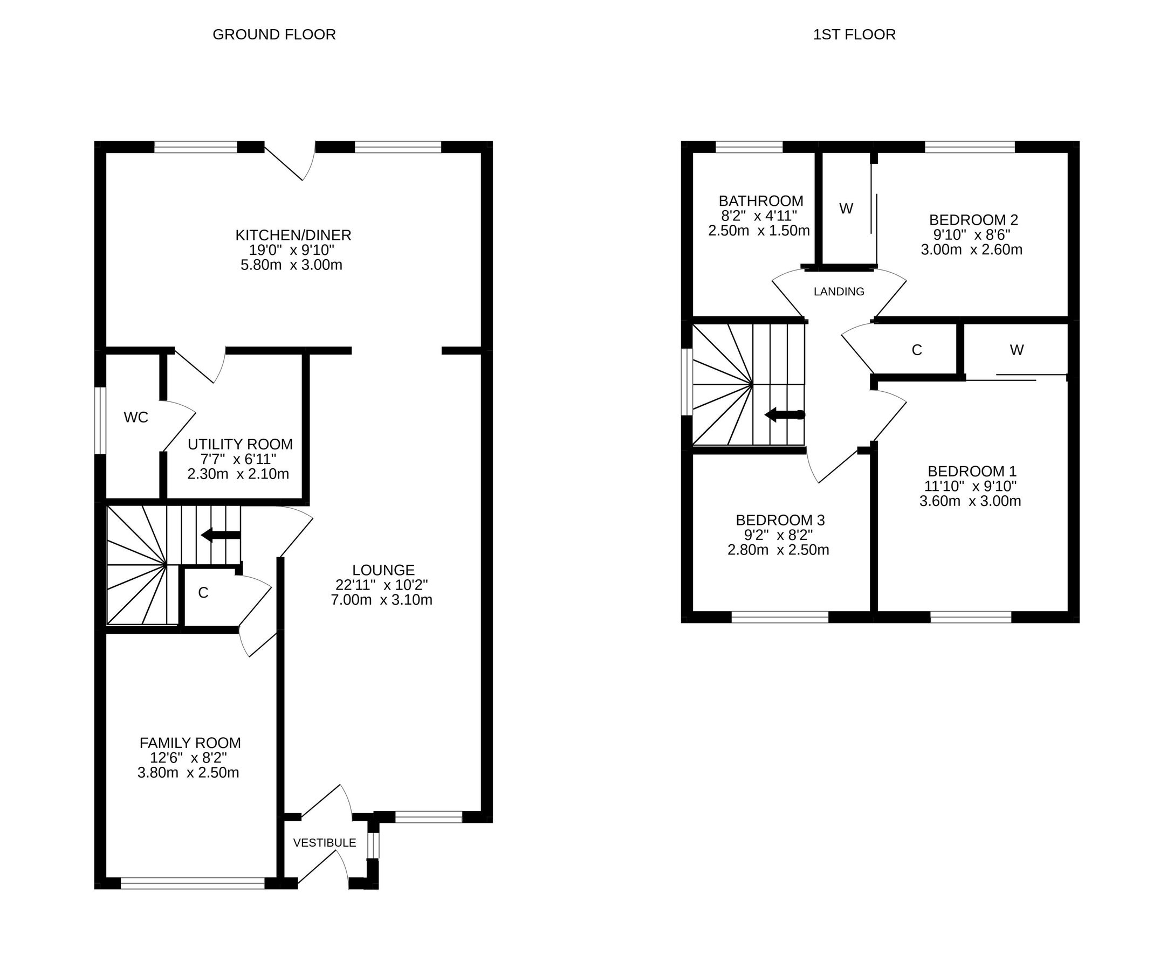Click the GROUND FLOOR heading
click(274, 34)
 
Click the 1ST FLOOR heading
click(854, 34)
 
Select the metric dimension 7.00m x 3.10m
click(381, 600)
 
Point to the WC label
click(136, 418)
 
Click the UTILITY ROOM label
click(240, 444)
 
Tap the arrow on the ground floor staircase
click(220, 535)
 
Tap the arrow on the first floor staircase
click(784, 414)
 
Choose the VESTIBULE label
click(324, 843)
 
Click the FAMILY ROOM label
click(190, 743)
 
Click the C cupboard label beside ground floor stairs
click(203, 593)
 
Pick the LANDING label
click(839, 292)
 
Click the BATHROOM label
click(761, 200)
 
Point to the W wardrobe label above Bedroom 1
click(1017, 350)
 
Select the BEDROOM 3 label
click(780, 520)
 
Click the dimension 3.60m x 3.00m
click(970, 501)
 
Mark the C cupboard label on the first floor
click(916, 350)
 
